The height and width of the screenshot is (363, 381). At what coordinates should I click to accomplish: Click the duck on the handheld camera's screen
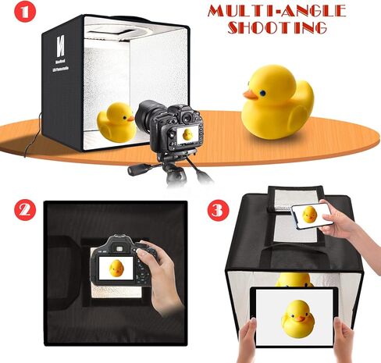pyautogui.click(x=116, y=268)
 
